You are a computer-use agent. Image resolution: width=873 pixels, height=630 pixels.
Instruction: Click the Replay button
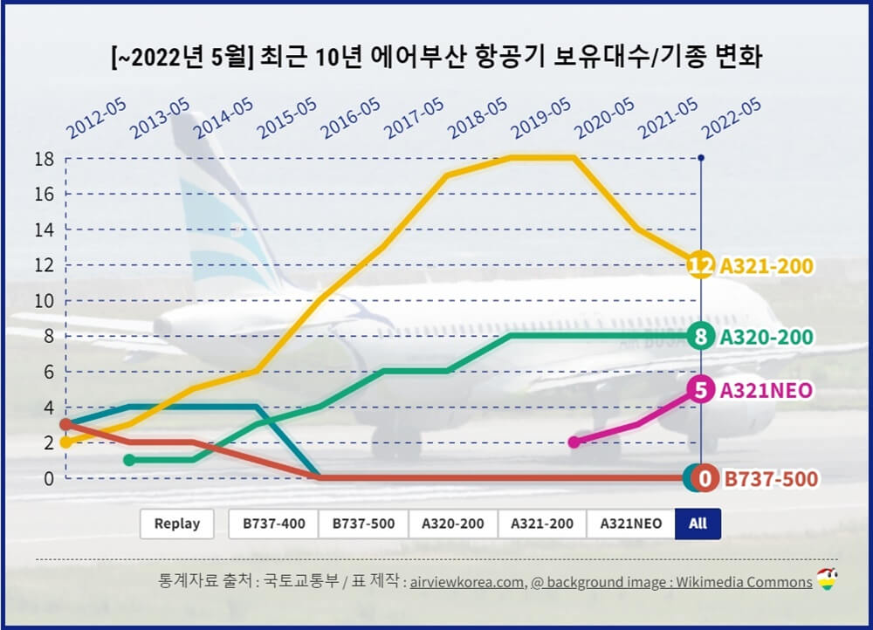pos(177,524)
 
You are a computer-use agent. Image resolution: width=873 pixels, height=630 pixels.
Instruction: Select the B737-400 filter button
pos(273,524)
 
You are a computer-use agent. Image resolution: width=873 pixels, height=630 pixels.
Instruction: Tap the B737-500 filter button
pos(363,524)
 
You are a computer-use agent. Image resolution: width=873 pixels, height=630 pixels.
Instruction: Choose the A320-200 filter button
pos(452,524)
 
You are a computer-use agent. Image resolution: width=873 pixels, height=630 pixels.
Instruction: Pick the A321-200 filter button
pos(542,524)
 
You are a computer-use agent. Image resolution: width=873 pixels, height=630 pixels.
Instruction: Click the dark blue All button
pos(698,524)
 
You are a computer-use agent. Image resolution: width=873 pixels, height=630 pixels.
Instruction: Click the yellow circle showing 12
pos(700,264)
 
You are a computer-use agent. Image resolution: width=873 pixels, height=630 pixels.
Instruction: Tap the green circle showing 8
pos(700,336)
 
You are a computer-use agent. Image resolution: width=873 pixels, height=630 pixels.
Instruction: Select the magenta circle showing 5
pos(700,389)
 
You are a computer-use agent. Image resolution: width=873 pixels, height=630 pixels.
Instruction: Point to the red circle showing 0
pos(707,478)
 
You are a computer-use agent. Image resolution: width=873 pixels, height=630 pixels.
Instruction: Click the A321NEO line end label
pos(766,390)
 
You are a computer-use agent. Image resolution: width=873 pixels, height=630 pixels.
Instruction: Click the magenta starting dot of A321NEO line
pos(574,442)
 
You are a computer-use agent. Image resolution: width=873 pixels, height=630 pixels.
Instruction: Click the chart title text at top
pos(436,58)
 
